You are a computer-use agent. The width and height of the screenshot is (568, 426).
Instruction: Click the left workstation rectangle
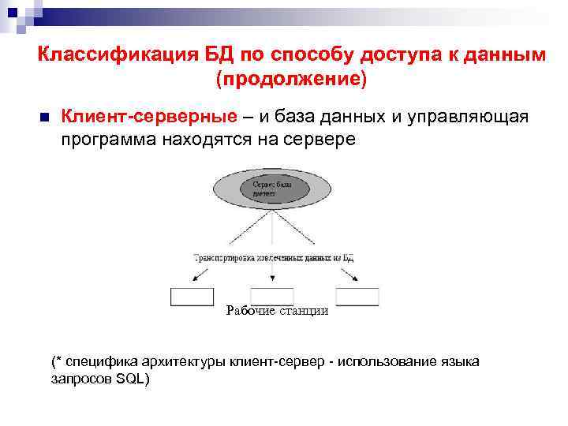pos(192,297)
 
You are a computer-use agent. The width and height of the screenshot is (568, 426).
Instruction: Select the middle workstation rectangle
pos(272,297)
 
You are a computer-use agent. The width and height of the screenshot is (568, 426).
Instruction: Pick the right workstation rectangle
pos(357,297)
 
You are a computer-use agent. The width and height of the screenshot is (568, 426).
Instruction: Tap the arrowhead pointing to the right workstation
pos(357,278)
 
